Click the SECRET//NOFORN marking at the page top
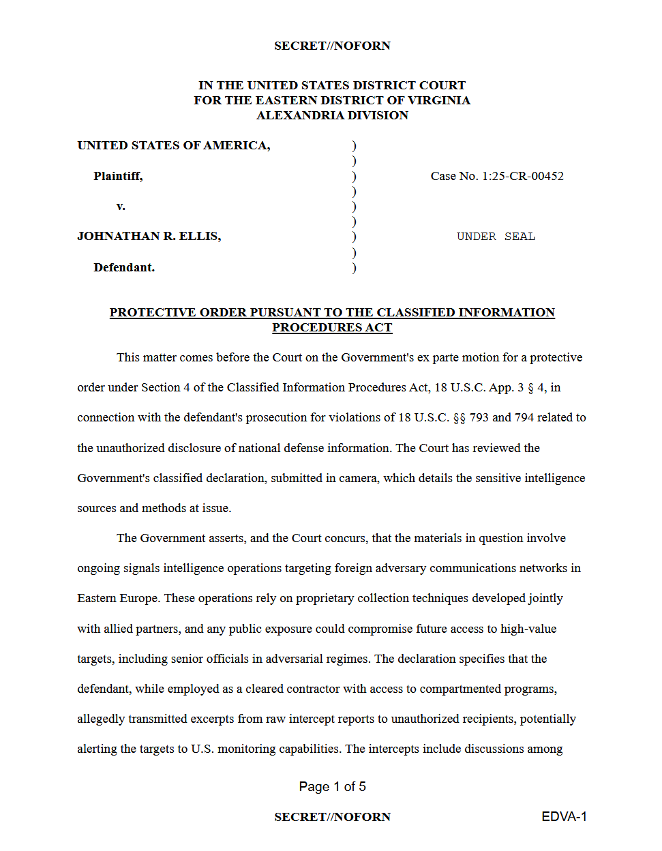pos(332,46)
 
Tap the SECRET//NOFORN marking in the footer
pos(332,817)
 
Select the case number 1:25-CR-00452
pos(522,176)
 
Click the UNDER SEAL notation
pos(496,237)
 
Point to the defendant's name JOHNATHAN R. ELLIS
pos(149,236)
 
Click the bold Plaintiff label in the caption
pos(118,176)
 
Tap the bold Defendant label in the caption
pos(124,267)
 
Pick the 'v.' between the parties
pos(121,206)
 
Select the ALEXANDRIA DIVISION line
pos(332,115)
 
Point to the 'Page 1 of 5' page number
pos(332,786)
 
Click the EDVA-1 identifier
pos(564,817)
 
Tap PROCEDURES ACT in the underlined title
pos(332,327)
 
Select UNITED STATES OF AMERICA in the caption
pos(173,145)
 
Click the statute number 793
pos(479,417)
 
